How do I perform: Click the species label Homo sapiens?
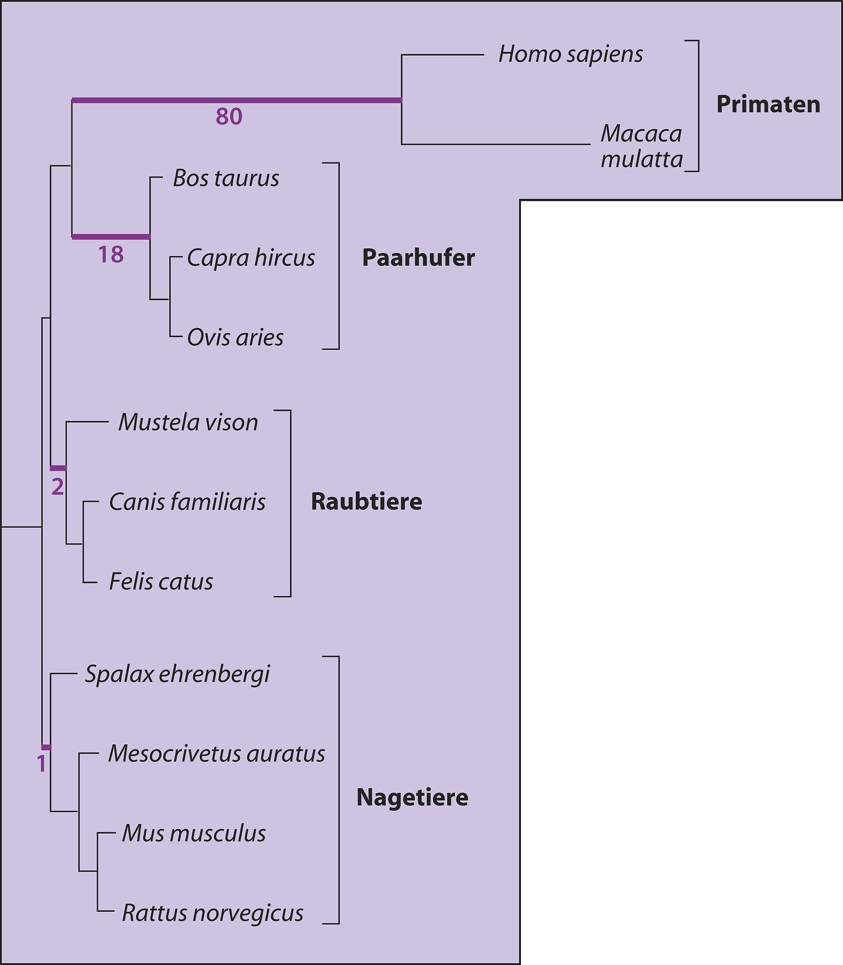click(570, 55)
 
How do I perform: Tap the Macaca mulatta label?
click(641, 147)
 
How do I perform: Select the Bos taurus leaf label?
click(226, 178)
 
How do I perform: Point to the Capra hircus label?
click(251, 258)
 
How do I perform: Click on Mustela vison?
click(188, 423)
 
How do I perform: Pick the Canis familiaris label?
click(187, 502)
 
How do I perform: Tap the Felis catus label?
click(161, 581)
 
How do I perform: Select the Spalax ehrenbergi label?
click(177, 674)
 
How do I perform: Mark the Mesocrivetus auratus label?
click(217, 754)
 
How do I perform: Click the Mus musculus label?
click(194, 833)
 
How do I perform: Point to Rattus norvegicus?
click(212, 914)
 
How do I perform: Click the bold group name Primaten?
click(768, 105)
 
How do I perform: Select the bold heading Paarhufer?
click(418, 258)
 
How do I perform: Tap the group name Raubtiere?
click(367, 501)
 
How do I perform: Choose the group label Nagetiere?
click(412, 798)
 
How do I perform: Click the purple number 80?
click(229, 116)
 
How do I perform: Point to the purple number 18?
click(111, 254)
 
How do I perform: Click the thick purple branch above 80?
click(237, 100)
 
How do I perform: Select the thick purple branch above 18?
click(111, 237)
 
